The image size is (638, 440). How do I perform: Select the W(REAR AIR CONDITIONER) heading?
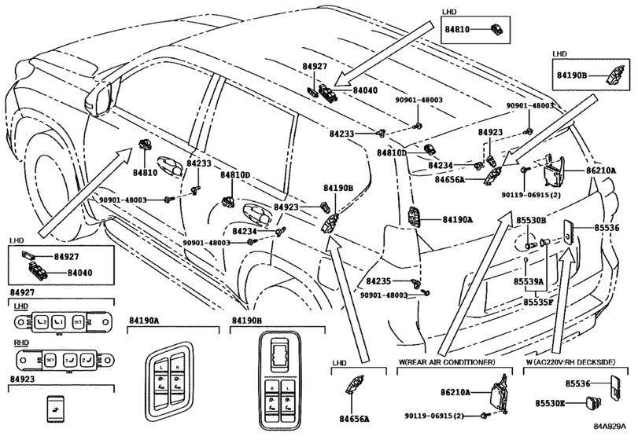coord(445,362)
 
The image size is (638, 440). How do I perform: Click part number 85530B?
coord(531,221)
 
